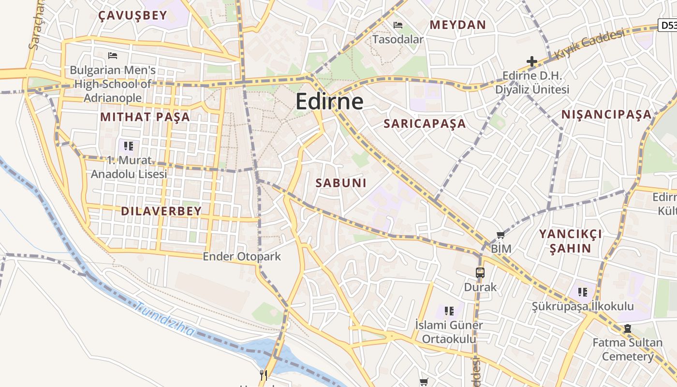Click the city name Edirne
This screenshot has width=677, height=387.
(x=329, y=102)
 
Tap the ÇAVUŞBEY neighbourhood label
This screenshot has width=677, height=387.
(x=132, y=15)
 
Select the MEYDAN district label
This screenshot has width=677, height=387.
(x=457, y=25)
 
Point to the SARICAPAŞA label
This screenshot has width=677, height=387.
(x=425, y=123)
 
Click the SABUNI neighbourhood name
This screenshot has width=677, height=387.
(x=341, y=183)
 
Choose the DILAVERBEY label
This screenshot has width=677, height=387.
(x=161, y=211)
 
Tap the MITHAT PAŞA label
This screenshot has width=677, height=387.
(x=145, y=117)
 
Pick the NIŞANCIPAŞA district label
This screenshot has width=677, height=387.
(x=606, y=115)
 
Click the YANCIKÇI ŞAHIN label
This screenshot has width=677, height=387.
(x=571, y=241)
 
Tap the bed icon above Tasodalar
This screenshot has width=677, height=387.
(x=398, y=25)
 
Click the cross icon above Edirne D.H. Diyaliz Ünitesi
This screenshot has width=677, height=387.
(x=531, y=61)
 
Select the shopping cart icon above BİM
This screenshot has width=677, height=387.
(x=500, y=235)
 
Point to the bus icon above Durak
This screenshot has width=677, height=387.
(x=480, y=273)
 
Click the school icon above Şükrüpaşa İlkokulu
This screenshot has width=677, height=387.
(x=583, y=292)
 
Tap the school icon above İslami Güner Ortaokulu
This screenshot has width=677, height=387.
(x=449, y=311)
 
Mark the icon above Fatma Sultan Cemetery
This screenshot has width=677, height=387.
(x=627, y=328)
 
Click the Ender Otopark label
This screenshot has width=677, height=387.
(x=241, y=256)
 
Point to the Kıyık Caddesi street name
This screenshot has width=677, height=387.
(x=589, y=44)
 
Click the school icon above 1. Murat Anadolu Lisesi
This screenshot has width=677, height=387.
(x=129, y=146)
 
